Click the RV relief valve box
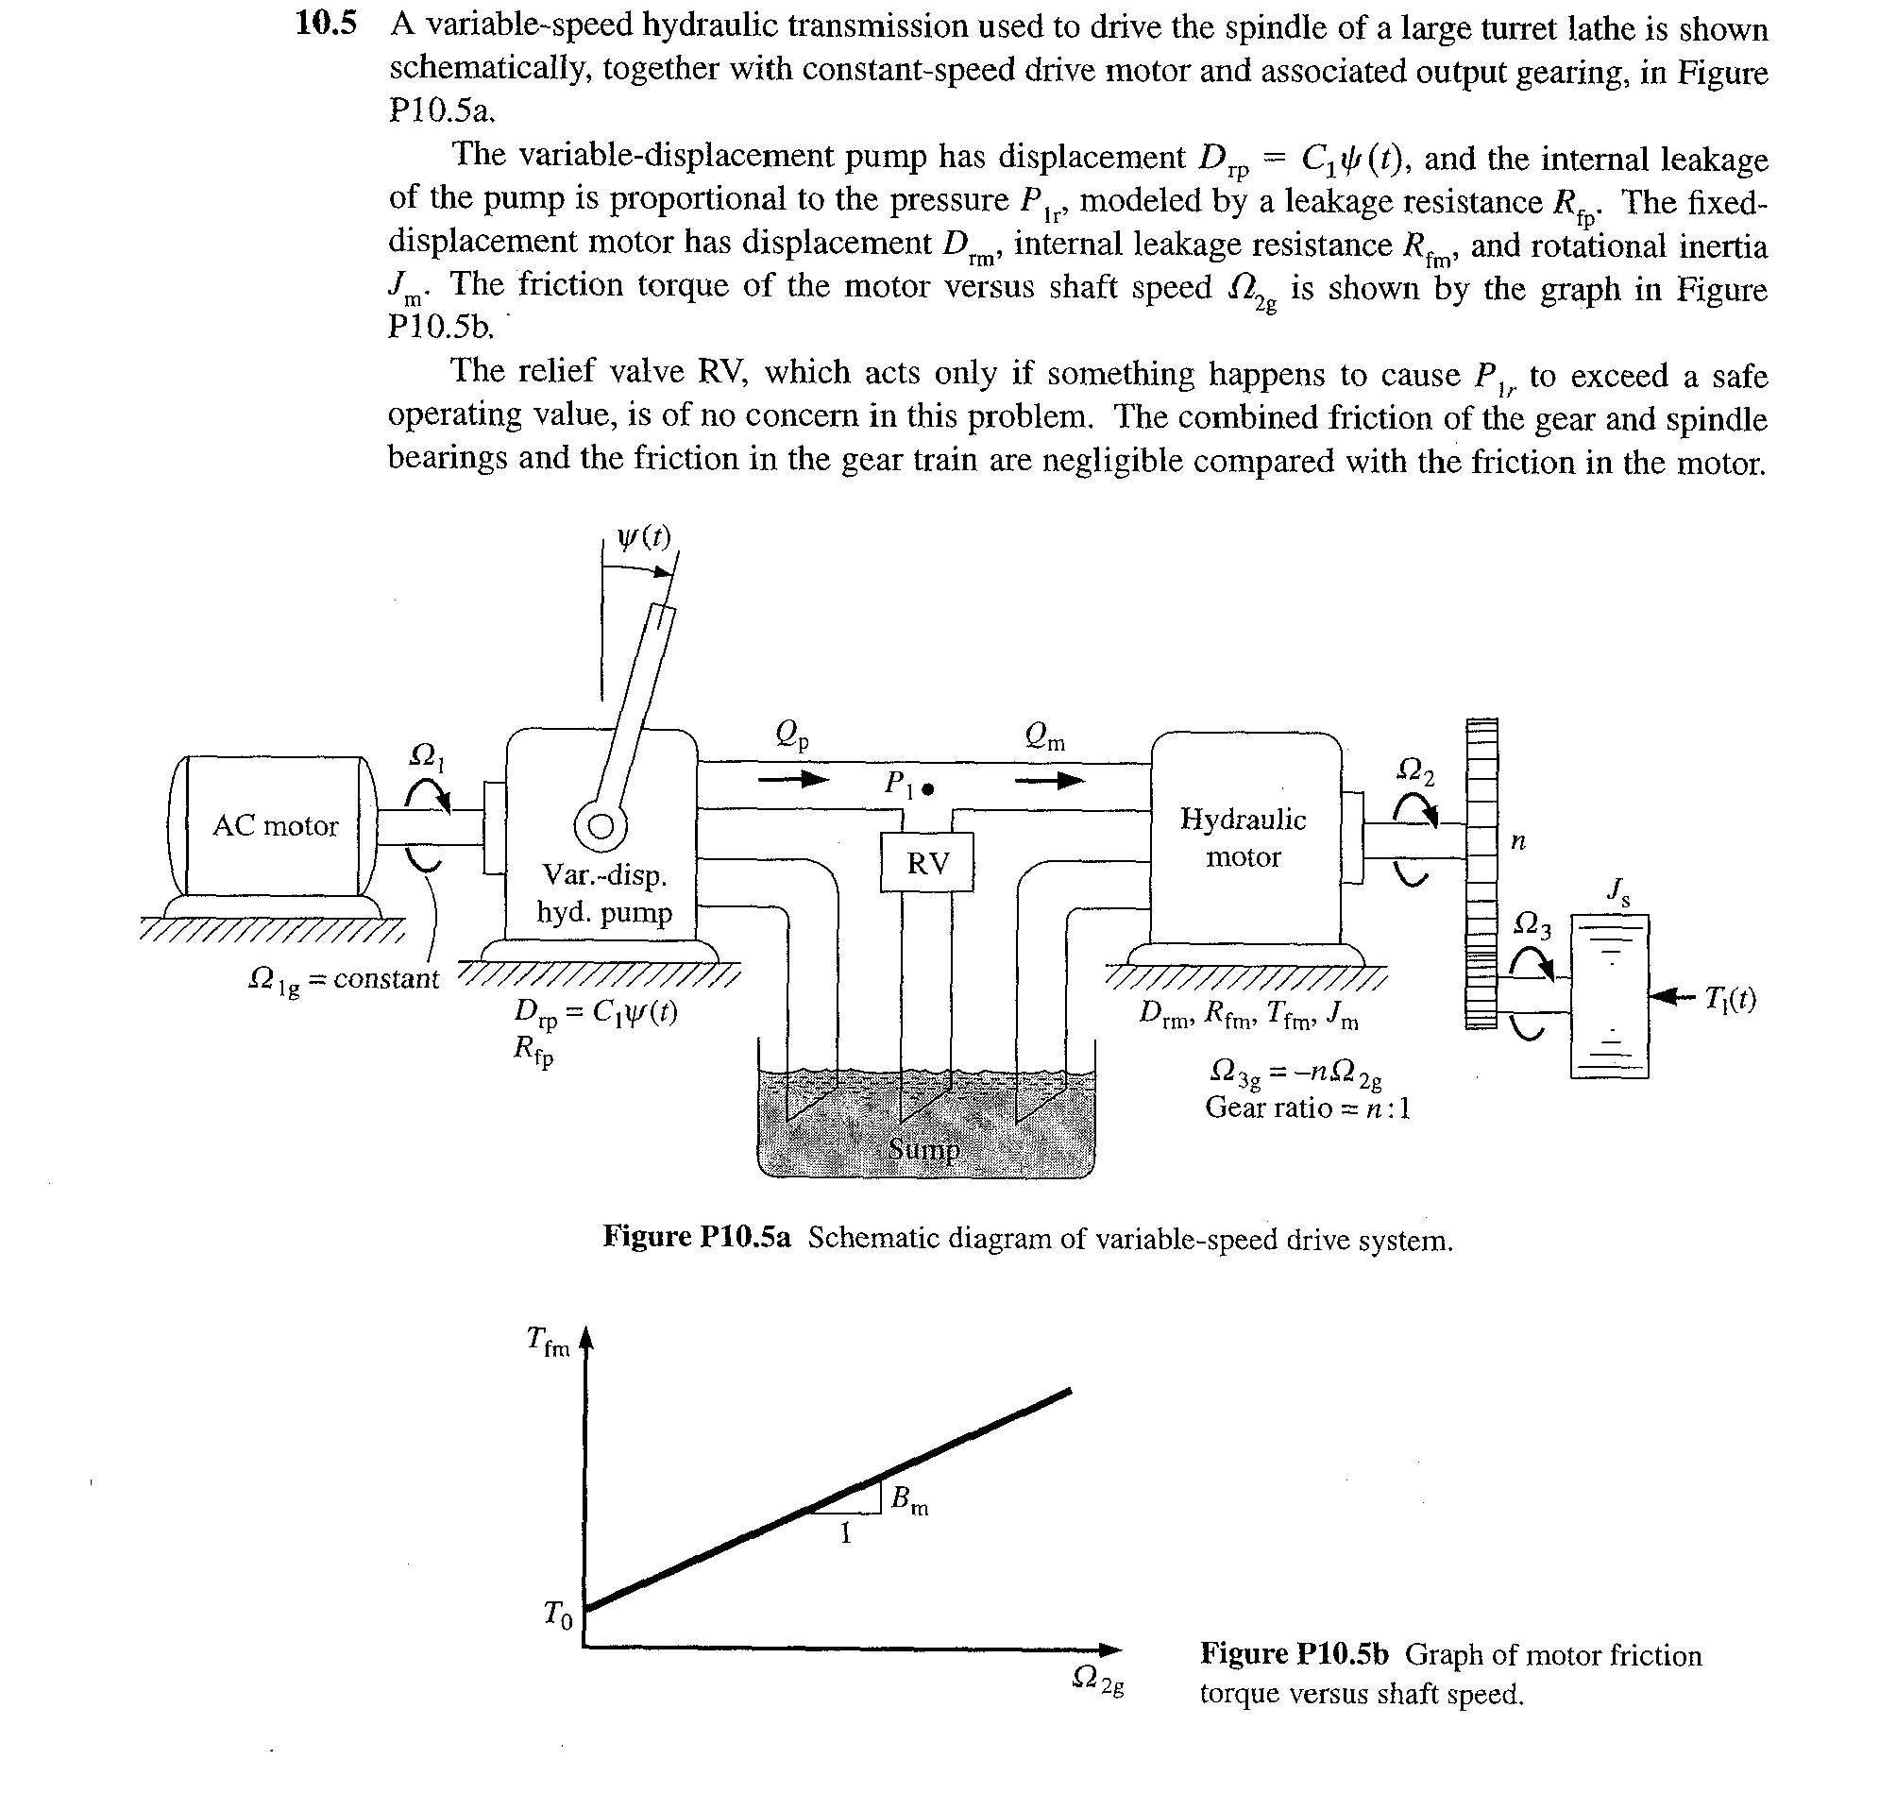pyautogui.click(x=927, y=862)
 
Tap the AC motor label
pyautogui.click(x=275, y=826)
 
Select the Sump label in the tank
pyautogui.click(x=924, y=1148)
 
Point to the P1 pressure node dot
pyautogui.click(x=927, y=790)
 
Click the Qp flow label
pyautogui.click(x=792, y=735)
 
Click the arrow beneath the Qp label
pyautogui.click(x=793, y=780)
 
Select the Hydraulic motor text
pyautogui.click(x=1244, y=837)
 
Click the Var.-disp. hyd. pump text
pyautogui.click(x=604, y=893)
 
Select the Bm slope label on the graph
pyautogui.click(x=909, y=1500)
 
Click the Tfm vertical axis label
pyautogui.click(x=549, y=1342)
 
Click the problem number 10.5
pyautogui.click(x=326, y=24)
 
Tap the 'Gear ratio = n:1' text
pyautogui.click(x=1309, y=1108)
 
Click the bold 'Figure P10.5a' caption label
pyautogui.click(x=697, y=1237)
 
